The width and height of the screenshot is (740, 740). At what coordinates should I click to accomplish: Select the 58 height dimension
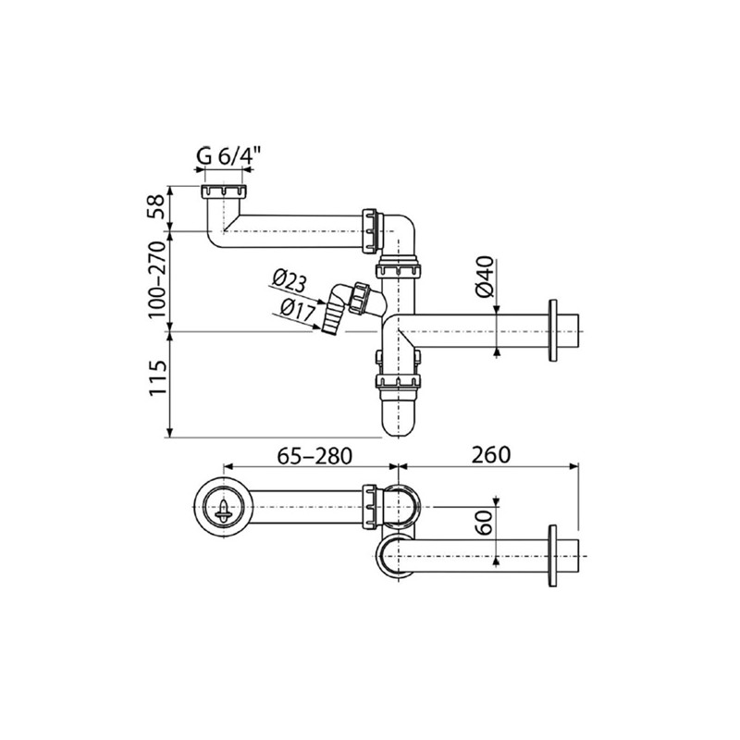157,206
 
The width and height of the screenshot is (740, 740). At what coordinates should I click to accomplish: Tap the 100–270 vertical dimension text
157,280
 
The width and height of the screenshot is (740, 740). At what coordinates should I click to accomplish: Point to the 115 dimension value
157,378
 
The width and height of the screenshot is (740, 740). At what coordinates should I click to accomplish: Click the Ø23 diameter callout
289,282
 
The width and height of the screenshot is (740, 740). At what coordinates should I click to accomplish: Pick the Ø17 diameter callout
297,311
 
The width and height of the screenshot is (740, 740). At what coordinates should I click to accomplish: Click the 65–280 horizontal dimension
314,456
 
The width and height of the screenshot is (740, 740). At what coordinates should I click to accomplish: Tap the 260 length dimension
492,455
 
